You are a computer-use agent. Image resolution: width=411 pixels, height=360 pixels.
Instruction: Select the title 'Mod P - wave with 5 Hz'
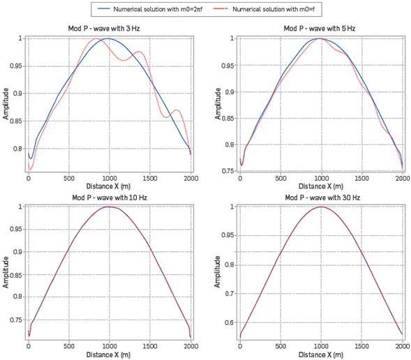point(320,29)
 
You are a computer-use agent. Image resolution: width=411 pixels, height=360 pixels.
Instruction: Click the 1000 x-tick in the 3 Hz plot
point(109,179)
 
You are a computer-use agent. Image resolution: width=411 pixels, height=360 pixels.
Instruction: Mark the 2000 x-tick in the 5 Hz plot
point(401,179)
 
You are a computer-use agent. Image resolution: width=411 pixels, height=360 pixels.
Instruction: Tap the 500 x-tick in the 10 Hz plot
point(68,346)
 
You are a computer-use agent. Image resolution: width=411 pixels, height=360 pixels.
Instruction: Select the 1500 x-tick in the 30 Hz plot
point(361,346)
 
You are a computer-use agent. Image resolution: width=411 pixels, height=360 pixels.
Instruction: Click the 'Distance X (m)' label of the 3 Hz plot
point(109,186)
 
